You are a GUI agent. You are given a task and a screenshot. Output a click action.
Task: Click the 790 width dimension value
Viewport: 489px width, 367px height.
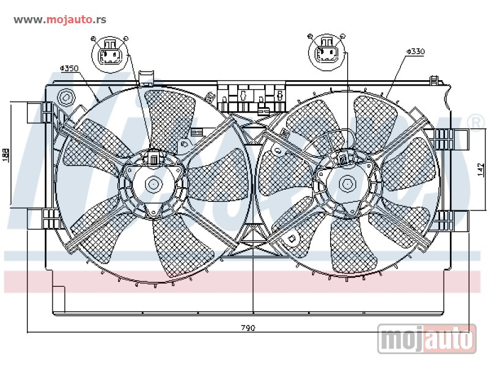(x=247, y=328)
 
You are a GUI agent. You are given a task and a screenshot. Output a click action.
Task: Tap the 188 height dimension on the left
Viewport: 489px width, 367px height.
(x=6, y=155)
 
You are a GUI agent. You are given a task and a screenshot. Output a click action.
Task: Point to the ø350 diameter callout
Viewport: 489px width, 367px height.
(x=69, y=68)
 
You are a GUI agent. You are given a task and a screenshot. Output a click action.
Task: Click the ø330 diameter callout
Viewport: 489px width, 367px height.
(x=415, y=52)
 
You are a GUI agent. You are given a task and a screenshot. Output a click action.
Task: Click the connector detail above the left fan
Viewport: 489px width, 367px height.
(x=111, y=53)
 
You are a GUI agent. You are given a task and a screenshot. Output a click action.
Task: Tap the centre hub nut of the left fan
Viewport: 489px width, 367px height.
(x=152, y=183)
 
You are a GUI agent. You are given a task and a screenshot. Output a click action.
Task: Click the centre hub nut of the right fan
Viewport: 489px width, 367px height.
(x=347, y=183)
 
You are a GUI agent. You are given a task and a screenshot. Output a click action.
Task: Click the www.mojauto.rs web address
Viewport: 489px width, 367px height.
(x=60, y=19)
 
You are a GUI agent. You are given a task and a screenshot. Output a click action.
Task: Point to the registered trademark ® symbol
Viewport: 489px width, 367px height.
(x=475, y=121)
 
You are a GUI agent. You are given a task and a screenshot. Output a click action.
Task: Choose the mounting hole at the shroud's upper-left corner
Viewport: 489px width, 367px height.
(x=66, y=97)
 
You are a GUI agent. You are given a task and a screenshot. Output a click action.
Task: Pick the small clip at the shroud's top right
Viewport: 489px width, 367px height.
(x=435, y=81)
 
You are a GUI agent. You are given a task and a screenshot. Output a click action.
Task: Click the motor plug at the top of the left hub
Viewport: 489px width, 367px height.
(x=153, y=159)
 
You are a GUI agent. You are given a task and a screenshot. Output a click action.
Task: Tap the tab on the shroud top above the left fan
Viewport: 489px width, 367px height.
(x=147, y=77)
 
